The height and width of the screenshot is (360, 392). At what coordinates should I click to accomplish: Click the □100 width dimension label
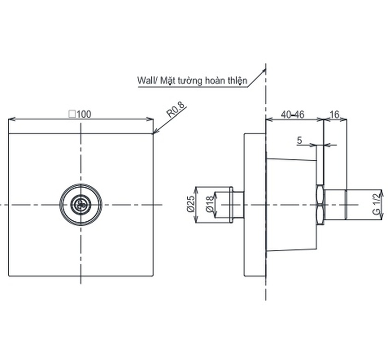[80, 114]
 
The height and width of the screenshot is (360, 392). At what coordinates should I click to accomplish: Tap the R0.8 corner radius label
[175, 111]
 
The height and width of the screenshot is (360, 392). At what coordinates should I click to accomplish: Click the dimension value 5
[299, 141]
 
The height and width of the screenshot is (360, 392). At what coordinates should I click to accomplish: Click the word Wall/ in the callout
[147, 81]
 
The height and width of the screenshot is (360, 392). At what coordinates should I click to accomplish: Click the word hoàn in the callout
[214, 81]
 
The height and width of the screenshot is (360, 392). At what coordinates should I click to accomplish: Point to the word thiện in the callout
[238, 81]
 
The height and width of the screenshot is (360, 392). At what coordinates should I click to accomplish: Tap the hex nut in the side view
[321, 205]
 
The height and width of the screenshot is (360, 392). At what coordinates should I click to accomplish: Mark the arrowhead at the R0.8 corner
[155, 131]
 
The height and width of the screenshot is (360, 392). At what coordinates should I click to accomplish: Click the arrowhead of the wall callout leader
[264, 71]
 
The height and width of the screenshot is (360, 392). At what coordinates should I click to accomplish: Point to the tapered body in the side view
[291, 205]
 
